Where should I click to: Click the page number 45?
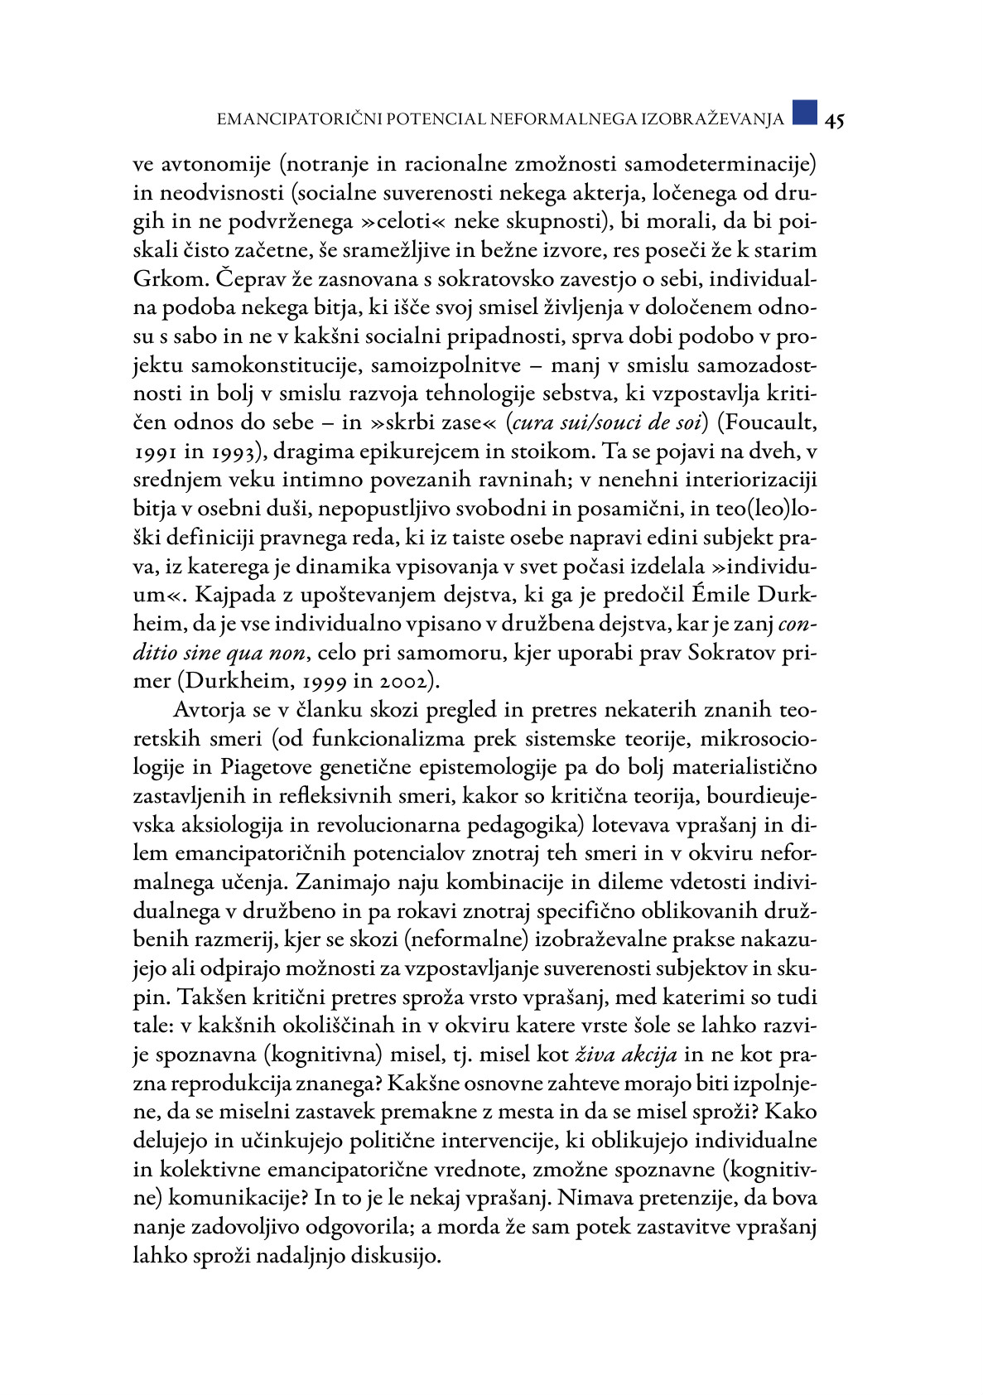pyautogui.click(x=834, y=120)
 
